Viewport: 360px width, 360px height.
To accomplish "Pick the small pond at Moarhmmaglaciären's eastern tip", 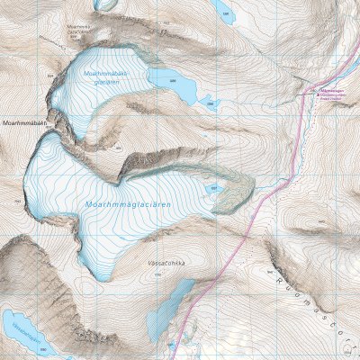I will tap(214, 190).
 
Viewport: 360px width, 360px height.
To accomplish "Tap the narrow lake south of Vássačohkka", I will tap(171, 306).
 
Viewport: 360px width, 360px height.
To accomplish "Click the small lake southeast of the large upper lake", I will tap(209, 102).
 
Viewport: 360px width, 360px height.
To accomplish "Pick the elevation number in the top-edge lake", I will tap(225, 14).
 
